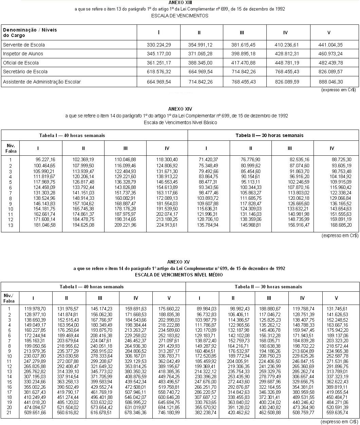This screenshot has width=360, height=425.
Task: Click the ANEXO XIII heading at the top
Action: coord(180,2)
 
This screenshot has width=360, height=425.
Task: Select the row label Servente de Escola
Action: coord(24,45)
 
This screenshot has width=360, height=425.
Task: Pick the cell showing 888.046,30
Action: coord(331,82)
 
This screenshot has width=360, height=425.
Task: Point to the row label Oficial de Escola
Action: coord(21,63)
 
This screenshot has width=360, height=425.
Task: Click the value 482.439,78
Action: coord(331,63)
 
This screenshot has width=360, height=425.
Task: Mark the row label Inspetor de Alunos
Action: coord(23,54)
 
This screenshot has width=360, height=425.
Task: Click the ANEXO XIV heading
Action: coord(180,109)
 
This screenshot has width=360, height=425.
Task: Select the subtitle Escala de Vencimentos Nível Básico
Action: coord(180,122)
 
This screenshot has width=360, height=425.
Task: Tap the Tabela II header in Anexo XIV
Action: coord(269,135)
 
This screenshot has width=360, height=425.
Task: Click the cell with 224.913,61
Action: coord(167,225)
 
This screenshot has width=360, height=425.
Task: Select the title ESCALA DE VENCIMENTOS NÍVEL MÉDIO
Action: coord(179,275)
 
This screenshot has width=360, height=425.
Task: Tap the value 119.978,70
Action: coord(35,309)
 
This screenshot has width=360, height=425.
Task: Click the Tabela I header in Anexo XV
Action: coord(92,287)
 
